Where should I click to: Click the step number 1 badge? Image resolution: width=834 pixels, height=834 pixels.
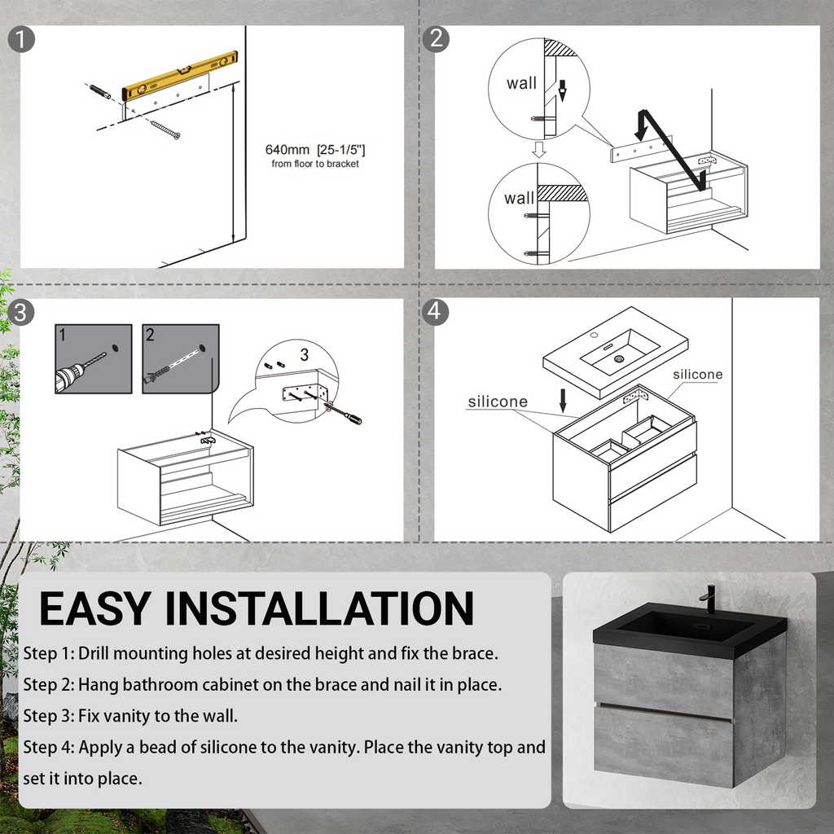pyautogui.click(x=22, y=39)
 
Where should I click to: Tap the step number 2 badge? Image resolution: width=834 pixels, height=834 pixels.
pyautogui.click(x=437, y=38)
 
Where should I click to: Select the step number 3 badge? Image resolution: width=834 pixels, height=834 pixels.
pyautogui.click(x=22, y=312)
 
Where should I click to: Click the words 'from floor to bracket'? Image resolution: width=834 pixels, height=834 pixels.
pyautogui.click(x=315, y=165)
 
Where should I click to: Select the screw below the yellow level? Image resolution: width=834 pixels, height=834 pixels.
pyautogui.click(x=165, y=129)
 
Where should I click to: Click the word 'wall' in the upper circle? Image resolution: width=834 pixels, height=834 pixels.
pyautogui.click(x=521, y=83)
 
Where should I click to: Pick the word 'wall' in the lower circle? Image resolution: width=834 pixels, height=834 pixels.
pyautogui.click(x=519, y=198)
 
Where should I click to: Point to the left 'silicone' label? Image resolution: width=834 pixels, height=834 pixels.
pyautogui.click(x=497, y=402)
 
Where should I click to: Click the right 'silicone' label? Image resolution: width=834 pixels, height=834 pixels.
pyautogui.click(x=697, y=375)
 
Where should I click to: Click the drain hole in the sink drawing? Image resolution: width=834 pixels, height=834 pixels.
pyautogui.click(x=619, y=358)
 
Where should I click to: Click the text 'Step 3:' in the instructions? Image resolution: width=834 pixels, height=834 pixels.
pyautogui.click(x=49, y=716)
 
